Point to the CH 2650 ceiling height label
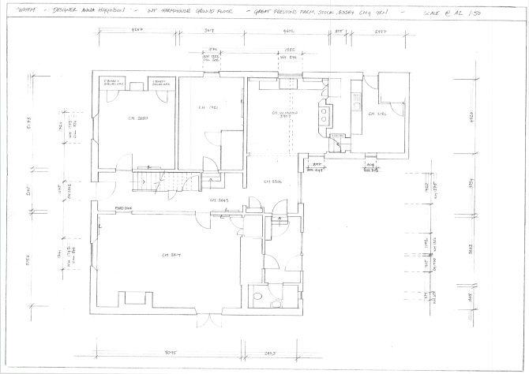138,119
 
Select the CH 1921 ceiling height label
208,108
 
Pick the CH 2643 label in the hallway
219,203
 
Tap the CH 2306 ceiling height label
272,181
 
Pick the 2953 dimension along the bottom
269,353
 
